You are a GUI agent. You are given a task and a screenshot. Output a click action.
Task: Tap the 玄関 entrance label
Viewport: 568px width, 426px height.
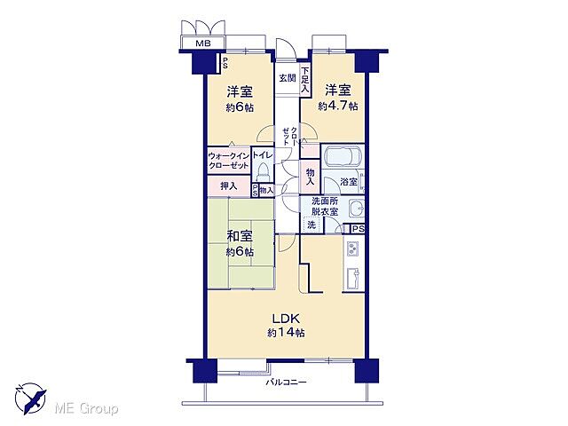click(x=288, y=78)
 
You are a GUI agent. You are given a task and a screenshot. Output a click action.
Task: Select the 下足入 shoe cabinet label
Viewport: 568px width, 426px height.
click(x=304, y=81)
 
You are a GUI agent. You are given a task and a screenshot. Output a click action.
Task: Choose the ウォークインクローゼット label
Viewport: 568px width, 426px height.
click(x=229, y=161)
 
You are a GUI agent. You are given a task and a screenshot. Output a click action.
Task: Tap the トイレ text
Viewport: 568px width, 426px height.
click(x=263, y=155)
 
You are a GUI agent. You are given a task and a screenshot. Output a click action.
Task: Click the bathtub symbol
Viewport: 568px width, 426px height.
click(x=341, y=158)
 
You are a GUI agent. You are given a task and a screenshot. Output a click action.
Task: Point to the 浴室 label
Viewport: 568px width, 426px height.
click(x=349, y=182)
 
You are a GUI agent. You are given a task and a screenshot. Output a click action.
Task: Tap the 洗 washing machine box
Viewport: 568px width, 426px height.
click(x=311, y=225)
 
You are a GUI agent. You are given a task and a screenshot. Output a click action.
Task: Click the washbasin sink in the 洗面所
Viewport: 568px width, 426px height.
click(x=355, y=209)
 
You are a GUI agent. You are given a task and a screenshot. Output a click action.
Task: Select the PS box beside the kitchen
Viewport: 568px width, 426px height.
click(x=356, y=228)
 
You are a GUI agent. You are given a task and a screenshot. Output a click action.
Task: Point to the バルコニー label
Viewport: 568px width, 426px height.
click(x=286, y=383)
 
